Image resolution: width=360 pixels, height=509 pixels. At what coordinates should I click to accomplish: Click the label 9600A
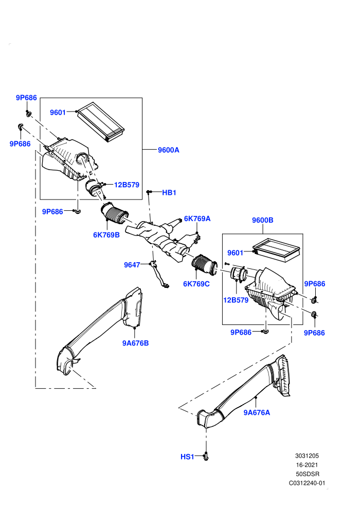[x=169, y=150]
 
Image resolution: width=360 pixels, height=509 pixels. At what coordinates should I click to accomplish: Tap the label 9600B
[x=263, y=220]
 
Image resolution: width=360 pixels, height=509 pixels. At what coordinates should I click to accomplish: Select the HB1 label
[x=169, y=192]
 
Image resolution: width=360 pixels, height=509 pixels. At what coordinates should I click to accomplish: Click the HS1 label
[x=187, y=457]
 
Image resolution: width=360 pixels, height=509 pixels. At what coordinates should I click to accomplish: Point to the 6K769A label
[x=197, y=219]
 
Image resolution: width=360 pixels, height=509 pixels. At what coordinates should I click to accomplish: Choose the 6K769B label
[x=106, y=235]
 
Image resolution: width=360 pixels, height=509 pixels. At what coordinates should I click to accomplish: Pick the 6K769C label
[x=196, y=284]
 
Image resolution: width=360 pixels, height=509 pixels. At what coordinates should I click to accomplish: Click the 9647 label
[x=132, y=265]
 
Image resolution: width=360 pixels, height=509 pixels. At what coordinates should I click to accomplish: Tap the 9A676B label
[x=135, y=343]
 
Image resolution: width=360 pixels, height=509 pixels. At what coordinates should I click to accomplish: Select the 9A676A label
[x=257, y=412]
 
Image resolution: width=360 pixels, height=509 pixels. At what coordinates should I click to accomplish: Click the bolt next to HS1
[x=206, y=457]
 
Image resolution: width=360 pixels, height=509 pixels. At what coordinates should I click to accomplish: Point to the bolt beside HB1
[x=148, y=192]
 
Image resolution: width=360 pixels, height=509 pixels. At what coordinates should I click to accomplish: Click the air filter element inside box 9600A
[x=101, y=122]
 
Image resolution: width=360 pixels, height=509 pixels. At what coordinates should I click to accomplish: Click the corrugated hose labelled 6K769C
[x=205, y=264]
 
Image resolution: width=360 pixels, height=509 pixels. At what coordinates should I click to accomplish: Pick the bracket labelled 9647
[x=159, y=275]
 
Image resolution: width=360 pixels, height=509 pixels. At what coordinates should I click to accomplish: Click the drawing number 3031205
[x=307, y=456]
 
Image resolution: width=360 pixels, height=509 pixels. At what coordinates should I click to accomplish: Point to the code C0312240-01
[x=307, y=483]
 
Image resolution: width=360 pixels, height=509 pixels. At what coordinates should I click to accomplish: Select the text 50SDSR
[x=308, y=474]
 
